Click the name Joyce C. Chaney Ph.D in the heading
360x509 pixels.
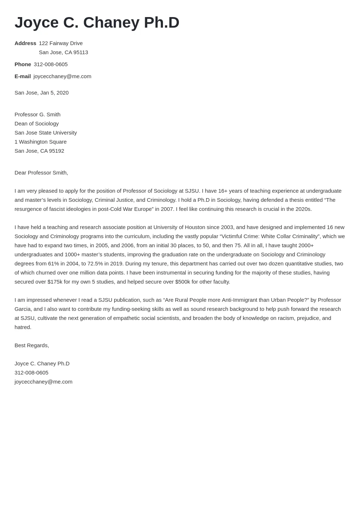click(x=97, y=23)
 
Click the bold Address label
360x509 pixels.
click(x=25, y=43)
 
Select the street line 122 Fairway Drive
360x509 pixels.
click(x=61, y=43)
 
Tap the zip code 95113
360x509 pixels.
click(x=81, y=52)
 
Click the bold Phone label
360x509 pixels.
click(x=23, y=64)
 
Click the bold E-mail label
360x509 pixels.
click(x=23, y=76)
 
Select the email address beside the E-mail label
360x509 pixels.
click(x=62, y=76)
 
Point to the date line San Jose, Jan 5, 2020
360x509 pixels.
click(x=41, y=93)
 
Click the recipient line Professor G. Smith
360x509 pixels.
click(x=37, y=115)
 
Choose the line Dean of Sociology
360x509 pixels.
click(x=36, y=124)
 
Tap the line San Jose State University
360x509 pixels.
click(x=45, y=133)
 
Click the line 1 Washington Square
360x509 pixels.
click(x=40, y=142)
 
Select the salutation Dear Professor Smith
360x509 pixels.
click(x=41, y=173)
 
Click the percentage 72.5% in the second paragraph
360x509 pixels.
click(x=95, y=264)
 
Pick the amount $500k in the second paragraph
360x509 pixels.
click(x=183, y=282)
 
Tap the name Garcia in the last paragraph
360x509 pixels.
click(x=23, y=309)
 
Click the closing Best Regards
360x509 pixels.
click(x=32, y=345)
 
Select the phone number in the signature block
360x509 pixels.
click(x=31, y=373)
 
